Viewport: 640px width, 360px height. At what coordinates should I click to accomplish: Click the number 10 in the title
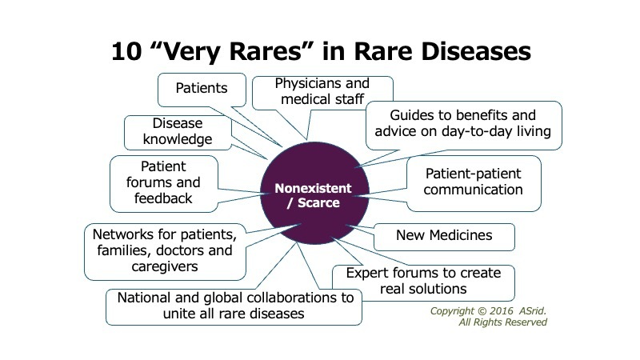point(126,51)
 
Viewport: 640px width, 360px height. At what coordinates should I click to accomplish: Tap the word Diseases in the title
point(476,51)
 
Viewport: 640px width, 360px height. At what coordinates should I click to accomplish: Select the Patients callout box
point(202,90)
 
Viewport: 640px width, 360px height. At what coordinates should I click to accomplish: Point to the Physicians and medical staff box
point(322,93)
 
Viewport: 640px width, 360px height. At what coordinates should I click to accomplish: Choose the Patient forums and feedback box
point(164,184)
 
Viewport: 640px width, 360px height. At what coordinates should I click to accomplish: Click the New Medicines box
point(444,237)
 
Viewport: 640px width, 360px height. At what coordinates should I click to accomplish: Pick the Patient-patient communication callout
point(474,183)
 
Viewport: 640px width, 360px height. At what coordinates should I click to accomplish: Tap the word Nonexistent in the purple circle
point(313,188)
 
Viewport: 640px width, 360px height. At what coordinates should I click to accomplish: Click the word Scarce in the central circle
point(318,203)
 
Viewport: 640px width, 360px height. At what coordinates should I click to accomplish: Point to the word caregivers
point(165,266)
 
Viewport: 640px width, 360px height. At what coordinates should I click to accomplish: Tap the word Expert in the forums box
point(365,273)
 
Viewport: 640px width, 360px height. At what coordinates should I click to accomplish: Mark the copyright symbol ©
point(482,311)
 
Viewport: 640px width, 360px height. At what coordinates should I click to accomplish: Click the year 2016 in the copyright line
point(502,311)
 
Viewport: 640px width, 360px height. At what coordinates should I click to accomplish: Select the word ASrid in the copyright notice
point(532,311)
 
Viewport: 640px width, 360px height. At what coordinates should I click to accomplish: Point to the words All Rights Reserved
point(503,322)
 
